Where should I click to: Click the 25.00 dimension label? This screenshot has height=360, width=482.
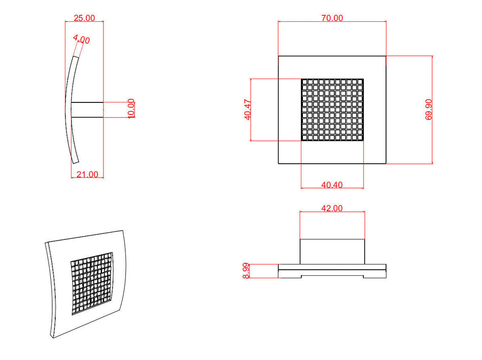[x=84, y=18]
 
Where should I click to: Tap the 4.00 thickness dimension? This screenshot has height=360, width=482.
[x=82, y=39]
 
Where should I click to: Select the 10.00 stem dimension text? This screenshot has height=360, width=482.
[x=131, y=109]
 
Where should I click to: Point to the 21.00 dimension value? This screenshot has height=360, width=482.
[x=87, y=174]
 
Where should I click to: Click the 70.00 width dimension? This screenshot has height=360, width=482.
[x=332, y=18]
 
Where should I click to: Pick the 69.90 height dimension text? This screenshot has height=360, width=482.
[x=429, y=110]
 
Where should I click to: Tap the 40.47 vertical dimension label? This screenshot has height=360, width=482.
[x=248, y=110]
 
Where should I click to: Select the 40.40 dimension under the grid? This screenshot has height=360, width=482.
[x=332, y=185]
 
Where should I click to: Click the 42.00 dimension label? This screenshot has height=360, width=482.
[x=332, y=208]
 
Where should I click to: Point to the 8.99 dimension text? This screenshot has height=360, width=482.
[x=246, y=271]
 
